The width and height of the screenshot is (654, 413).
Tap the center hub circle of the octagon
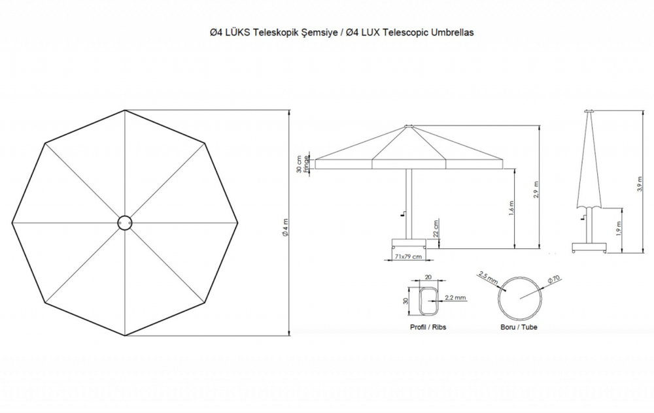coord(124,223)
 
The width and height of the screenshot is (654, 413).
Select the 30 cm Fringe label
coord(303,163)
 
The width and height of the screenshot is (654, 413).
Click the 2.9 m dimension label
coord(536,189)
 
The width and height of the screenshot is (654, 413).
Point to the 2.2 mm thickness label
coord(455,297)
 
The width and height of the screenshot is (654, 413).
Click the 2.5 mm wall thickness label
coord(488,279)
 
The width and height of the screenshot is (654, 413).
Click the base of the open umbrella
coord(408,244)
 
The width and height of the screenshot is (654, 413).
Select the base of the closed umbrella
coord(587,248)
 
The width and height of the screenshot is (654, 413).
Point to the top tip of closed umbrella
coord(587,111)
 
